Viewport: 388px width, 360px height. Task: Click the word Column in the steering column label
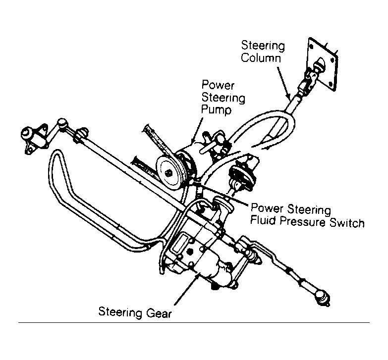tap(261, 58)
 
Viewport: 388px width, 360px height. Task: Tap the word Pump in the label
tap(216, 109)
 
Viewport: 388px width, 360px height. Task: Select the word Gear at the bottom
tap(159, 313)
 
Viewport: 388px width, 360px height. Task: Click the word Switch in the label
tap(347, 223)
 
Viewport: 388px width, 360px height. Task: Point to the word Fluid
tap(263, 220)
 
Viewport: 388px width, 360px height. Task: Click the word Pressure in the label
tap(303, 221)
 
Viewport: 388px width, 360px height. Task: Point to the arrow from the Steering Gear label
tap(186, 289)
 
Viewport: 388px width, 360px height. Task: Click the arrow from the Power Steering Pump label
tap(197, 131)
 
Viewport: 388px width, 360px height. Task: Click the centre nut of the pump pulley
tap(169, 173)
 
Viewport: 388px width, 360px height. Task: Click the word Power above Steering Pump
tap(218, 85)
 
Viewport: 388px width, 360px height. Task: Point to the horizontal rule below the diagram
tap(194, 322)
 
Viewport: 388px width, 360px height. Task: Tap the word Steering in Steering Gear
tap(120, 312)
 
